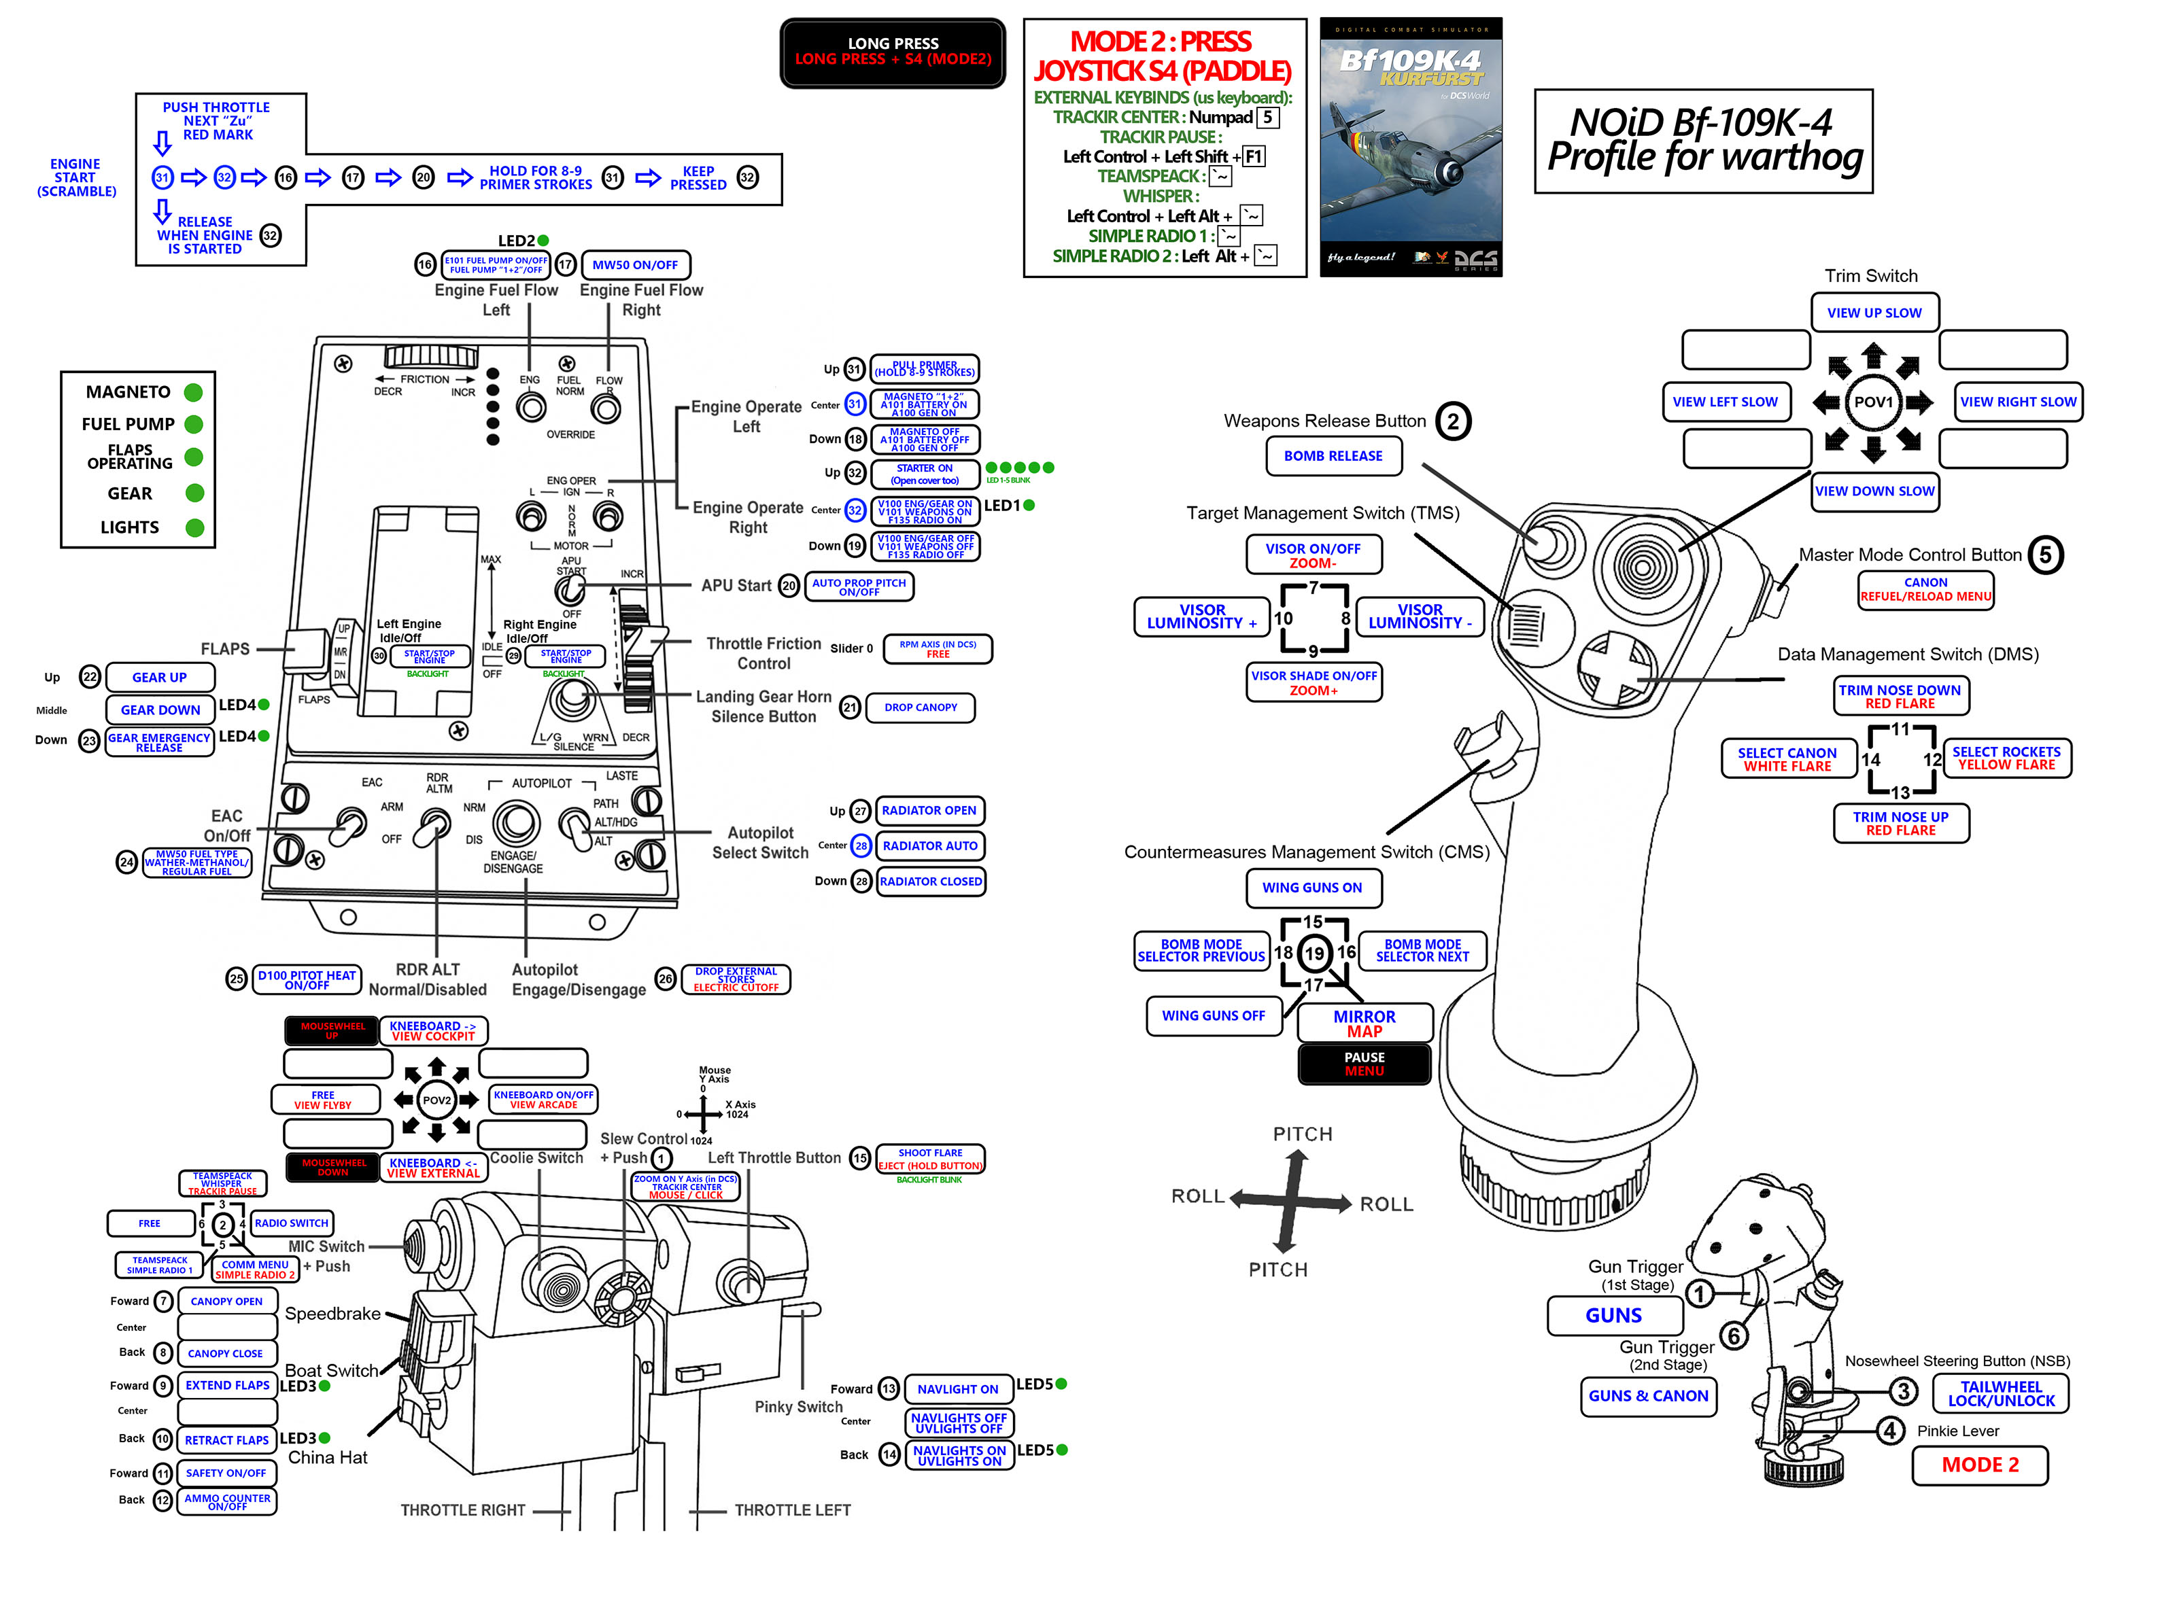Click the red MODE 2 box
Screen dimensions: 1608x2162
(x=1979, y=1465)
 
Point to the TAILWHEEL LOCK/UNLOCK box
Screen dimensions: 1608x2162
(x=2000, y=1394)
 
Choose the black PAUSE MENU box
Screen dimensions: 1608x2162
(x=1364, y=1064)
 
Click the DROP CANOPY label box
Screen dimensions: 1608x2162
(x=920, y=707)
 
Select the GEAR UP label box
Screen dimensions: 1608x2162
(x=160, y=678)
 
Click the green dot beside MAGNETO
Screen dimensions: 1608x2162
(x=194, y=392)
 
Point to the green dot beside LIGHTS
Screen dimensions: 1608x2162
(x=194, y=527)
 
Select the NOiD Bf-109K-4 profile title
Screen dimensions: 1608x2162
(x=1704, y=141)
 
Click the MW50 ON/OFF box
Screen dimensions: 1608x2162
(x=635, y=265)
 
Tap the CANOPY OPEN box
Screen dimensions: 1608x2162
(x=227, y=1301)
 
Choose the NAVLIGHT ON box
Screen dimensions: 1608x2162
(x=958, y=1389)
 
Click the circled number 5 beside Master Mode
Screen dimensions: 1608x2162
(x=2045, y=555)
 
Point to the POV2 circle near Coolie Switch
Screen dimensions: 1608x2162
(x=436, y=1100)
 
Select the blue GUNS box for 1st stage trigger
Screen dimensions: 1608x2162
(x=1614, y=1315)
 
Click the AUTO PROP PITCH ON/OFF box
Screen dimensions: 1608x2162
(x=859, y=587)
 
